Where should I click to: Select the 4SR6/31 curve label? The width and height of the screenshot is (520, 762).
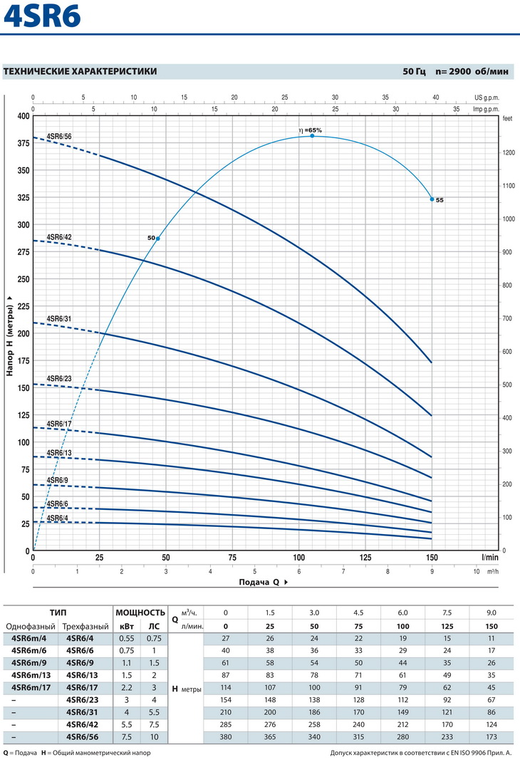(59, 318)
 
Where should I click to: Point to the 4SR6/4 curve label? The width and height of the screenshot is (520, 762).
(57, 517)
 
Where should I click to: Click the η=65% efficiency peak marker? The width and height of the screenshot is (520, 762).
(312, 135)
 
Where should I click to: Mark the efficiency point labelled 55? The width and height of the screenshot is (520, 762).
(432, 199)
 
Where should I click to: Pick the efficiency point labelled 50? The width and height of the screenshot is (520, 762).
(157, 238)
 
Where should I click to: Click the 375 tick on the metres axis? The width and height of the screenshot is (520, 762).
(22, 143)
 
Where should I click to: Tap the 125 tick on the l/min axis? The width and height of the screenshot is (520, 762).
(365, 558)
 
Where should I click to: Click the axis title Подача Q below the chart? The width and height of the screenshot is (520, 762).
(260, 582)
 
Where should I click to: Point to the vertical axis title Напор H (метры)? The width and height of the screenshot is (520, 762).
(10, 335)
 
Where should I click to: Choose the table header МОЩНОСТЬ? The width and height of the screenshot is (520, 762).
(140, 612)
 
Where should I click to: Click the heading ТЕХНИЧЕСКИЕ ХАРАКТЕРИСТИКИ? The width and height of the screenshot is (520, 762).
(80, 71)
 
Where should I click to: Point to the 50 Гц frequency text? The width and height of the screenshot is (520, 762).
(414, 71)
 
